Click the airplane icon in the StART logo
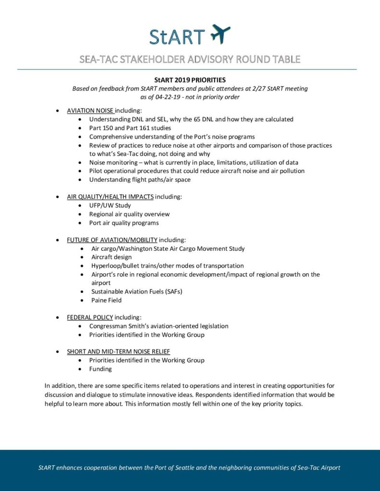pyautogui.click(x=221, y=34)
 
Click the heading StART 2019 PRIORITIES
pyautogui.click(x=190, y=80)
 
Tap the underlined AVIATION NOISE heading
pyautogui.click(x=90, y=110)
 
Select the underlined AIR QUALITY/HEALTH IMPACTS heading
pyautogui.click(x=110, y=197)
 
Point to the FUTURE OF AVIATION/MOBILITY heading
pyautogui.click(x=112, y=240)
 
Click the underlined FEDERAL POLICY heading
pyautogui.click(x=90, y=317)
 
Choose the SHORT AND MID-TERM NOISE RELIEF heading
pyautogui.click(x=118, y=351)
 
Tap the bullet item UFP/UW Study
pyautogui.click(x=110, y=205)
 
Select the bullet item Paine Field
pyautogui.click(x=106, y=300)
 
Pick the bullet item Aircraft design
pyautogui.click(x=111, y=257)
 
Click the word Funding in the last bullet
pyautogui.click(x=100, y=369)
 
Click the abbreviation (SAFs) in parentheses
pyautogui.click(x=173, y=292)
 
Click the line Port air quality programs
pyautogui.click(x=123, y=222)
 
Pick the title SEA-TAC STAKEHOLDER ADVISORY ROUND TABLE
pyautogui.click(x=190, y=59)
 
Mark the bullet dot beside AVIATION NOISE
pyautogui.click(x=58, y=111)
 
